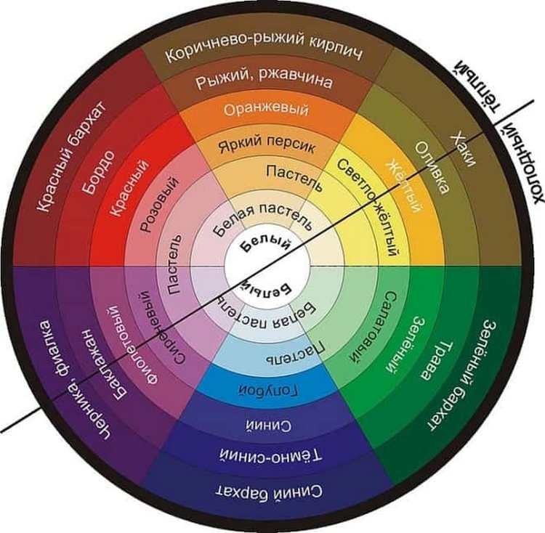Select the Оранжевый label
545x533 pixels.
point(266,110)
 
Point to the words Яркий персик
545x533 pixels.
point(267,145)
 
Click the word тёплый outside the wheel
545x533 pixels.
point(471,84)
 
